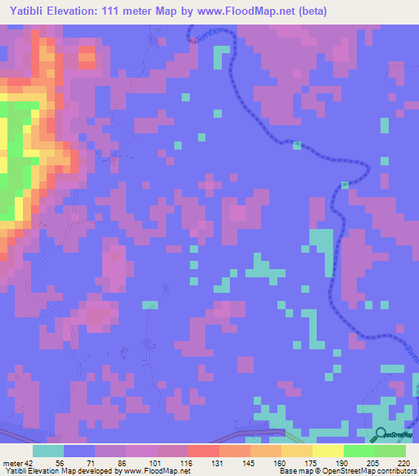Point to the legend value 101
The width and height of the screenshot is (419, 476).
click(x=156, y=462)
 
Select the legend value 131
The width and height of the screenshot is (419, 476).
click(x=218, y=462)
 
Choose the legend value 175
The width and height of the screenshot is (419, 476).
click(x=310, y=462)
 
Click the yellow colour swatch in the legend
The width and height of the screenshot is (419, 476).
click(x=328, y=451)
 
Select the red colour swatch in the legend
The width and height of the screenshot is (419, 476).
click(x=203, y=451)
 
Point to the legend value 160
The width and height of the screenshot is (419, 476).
click(x=280, y=462)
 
